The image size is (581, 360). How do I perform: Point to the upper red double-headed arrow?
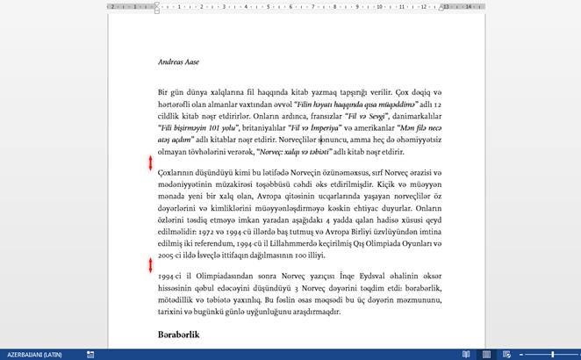[x=150, y=163]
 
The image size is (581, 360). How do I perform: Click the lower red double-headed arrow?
[x=150, y=265]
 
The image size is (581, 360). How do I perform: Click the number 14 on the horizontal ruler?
[x=469, y=6]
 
